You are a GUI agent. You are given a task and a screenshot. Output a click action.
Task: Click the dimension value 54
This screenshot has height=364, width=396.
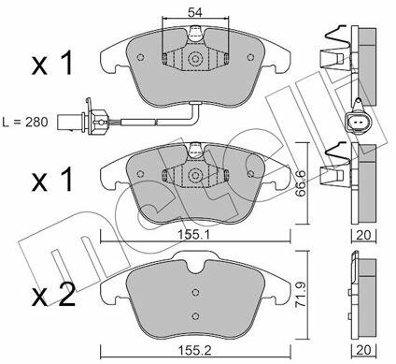(x=195, y=12)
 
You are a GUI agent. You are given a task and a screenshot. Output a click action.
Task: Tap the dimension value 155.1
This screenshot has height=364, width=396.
(x=195, y=235)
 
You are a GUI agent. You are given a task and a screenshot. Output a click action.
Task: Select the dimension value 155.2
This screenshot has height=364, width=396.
(x=195, y=351)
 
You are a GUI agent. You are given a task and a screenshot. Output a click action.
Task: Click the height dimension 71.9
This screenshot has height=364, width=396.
(x=301, y=295)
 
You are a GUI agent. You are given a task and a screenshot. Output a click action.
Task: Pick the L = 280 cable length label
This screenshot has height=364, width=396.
(x=25, y=122)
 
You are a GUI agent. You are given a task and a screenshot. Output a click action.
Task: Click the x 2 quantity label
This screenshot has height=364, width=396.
(x=53, y=295)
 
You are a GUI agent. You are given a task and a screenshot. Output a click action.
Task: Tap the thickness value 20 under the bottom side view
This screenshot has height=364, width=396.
(x=364, y=350)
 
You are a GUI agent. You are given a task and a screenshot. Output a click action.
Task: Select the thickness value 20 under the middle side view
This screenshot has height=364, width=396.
(x=364, y=235)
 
